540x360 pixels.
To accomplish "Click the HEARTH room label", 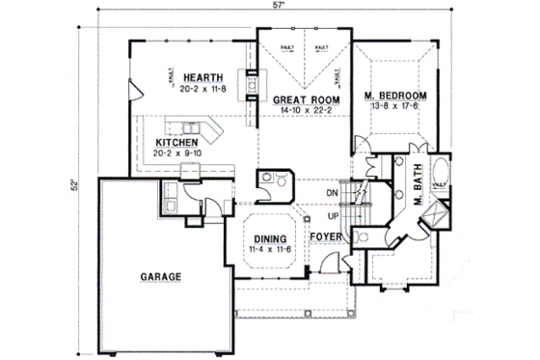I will tap(202, 77).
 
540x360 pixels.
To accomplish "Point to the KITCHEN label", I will tap(177, 140).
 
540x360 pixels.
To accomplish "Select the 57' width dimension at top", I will tap(305, 6).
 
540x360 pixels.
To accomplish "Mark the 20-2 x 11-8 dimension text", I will tap(202, 88).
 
